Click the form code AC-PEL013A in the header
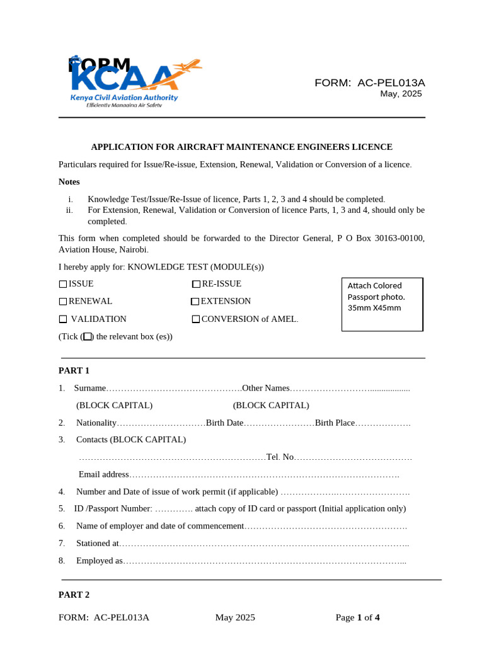click(x=391, y=83)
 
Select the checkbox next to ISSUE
click(x=63, y=284)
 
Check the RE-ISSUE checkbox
click(x=196, y=284)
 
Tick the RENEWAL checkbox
click(x=63, y=302)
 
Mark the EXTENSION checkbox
click(x=195, y=302)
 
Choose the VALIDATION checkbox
click(x=63, y=319)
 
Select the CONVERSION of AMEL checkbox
click(x=196, y=319)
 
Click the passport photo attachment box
click(x=382, y=304)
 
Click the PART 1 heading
click(x=74, y=370)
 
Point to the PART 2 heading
click(x=74, y=595)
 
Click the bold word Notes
click(x=69, y=182)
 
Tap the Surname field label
click(x=89, y=388)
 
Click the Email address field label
click(x=104, y=474)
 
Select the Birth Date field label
click(x=224, y=423)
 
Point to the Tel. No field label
click(x=280, y=457)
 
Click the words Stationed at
click(x=97, y=543)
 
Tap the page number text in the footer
click(x=357, y=617)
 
